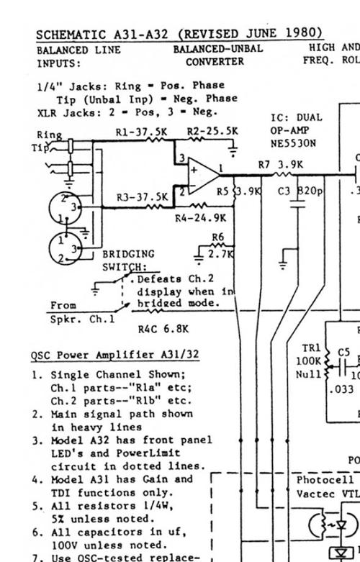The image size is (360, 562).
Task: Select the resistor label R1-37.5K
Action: [141, 132]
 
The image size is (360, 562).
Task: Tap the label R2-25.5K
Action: [212, 132]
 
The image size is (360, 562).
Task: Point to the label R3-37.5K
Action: [143, 196]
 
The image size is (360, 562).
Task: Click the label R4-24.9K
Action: [200, 217]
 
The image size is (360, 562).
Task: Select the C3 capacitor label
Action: [284, 191]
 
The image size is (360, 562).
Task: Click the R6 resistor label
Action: [217, 238]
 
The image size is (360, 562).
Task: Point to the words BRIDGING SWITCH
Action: [128, 260]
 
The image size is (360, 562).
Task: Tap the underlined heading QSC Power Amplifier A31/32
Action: [114, 355]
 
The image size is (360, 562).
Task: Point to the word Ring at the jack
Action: [49, 135]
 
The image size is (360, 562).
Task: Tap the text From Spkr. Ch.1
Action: [73, 312]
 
